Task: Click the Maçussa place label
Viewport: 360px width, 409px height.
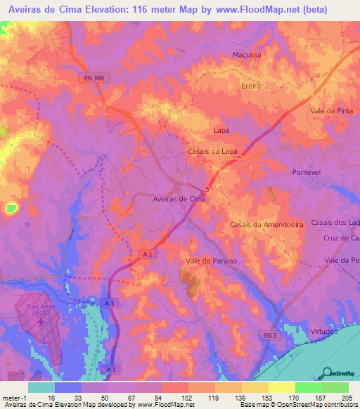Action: (246, 54)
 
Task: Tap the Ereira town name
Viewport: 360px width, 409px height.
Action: (251, 85)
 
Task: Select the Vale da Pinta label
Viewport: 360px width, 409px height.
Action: (333, 111)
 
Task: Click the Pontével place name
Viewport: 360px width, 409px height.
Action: (307, 171)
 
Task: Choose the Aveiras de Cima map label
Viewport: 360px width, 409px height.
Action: (179, 199)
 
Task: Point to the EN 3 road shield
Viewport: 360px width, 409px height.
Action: (268, 335)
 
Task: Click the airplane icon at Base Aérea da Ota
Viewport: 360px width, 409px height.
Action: (41, 322)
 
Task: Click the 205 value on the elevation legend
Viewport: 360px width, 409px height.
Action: (345, 397)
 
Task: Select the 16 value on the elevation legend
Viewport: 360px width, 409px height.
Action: (51, 397)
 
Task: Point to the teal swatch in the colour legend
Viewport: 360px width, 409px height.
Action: (41, 387)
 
